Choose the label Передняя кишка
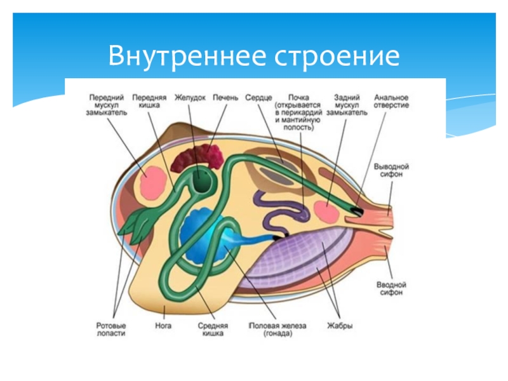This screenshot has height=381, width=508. (x=149, y=103)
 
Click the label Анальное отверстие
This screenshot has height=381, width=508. (x=391, y=102)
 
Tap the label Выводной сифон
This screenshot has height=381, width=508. (x=391, y=169)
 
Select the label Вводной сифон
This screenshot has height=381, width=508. (x=391, y=290)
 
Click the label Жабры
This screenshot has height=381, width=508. (x=340, y=326)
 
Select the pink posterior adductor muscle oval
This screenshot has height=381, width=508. (x=328, y=211)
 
